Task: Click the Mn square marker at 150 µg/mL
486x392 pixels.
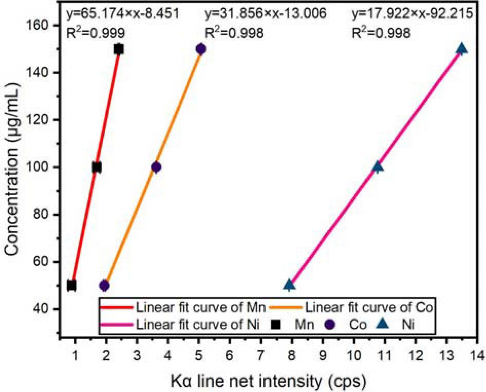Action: point(119,49)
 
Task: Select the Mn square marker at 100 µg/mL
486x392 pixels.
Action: point(97,167)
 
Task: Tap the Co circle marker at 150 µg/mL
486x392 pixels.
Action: point(201,49)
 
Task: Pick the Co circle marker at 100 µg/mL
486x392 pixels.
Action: point(156,167)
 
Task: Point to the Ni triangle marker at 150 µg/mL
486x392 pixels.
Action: point(461,49)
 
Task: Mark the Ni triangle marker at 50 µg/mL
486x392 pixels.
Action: point(290,284)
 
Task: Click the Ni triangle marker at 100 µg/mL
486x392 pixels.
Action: point(378,166)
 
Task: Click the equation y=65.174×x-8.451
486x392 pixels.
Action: point(123,13)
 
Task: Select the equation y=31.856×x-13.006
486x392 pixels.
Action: point(266,13)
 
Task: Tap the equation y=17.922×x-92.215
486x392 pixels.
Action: point(412,13)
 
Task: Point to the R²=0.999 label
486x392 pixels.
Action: point(96,33)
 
